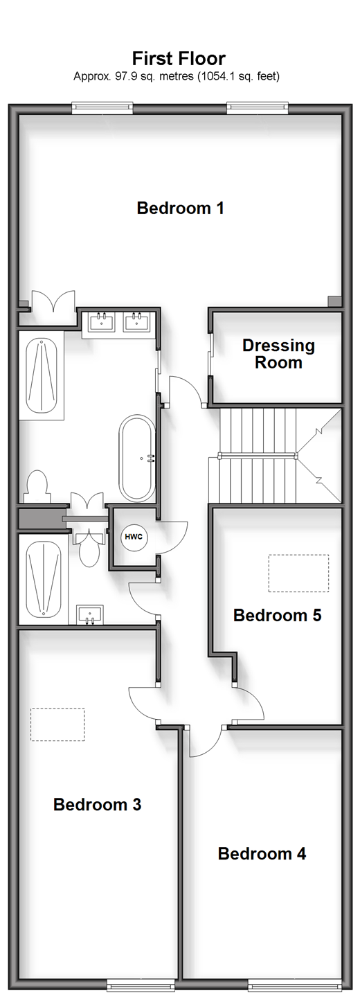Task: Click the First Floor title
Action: click(x=179, y=58)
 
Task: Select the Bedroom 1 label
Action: click(x=180, y=208)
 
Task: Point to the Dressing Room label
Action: click(x=278, y=354)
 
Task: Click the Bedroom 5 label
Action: click(x=277, y=615)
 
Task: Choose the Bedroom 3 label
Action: click(x=97, y=804)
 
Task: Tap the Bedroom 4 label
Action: click(x=262, y=853)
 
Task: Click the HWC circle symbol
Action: click(x=134, y=537)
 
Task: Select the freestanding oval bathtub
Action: click(x=137, y=458)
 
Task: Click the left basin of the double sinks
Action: click(x=102, y=321)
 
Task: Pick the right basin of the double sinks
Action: click(x=137, y=321)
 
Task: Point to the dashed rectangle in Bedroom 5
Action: click(x=298, y=573)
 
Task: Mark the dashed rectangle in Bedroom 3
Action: click(x=57, y=724)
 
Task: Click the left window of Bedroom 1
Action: click(x=103, y=107)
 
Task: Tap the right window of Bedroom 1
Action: click(x=258, y=107)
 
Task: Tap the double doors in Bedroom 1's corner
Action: click(x=53, y=301)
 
